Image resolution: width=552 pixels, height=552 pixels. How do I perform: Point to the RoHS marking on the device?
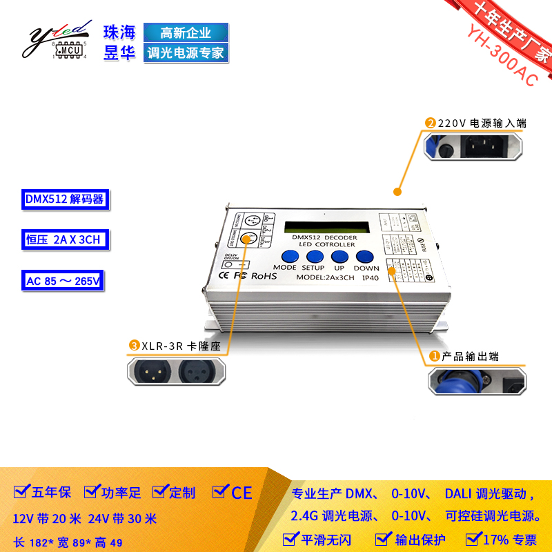point(264,275)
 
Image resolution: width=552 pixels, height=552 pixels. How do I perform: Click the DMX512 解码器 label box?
point(64,199)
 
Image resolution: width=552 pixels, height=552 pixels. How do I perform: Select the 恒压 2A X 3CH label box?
point(63,240)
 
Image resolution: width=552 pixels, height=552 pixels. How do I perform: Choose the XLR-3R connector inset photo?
point(176,371)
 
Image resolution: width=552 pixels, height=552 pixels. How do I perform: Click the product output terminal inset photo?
point(477,382)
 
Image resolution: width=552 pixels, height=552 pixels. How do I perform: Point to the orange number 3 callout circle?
point(134,346)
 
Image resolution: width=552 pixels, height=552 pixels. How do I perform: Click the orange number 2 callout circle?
point(431,123)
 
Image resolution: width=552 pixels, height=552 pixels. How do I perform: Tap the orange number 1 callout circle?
point(435,356)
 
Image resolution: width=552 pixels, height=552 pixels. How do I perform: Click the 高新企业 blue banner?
point(185,32)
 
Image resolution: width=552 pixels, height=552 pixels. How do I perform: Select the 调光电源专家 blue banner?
point(185,52)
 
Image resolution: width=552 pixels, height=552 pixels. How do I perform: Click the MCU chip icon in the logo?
point(69,50)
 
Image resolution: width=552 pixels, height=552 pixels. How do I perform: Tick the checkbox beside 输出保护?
point(384,538)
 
